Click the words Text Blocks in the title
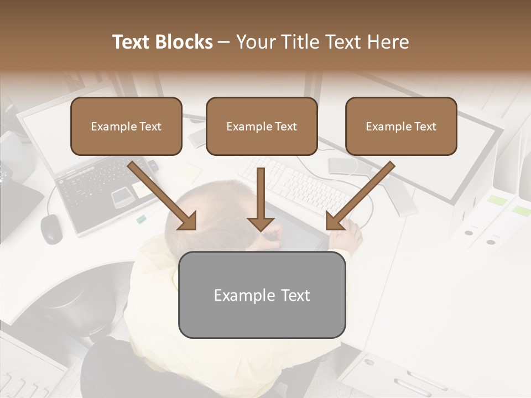pos(162,42)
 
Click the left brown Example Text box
pos(126,126)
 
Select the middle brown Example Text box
pos(262,126)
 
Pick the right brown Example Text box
pos(401,126)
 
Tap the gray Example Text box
pos(262,295)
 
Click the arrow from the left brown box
pos(164,196)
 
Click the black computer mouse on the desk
pos(51,228)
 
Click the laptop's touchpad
pos(121,197)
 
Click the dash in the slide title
pos(224,43)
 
